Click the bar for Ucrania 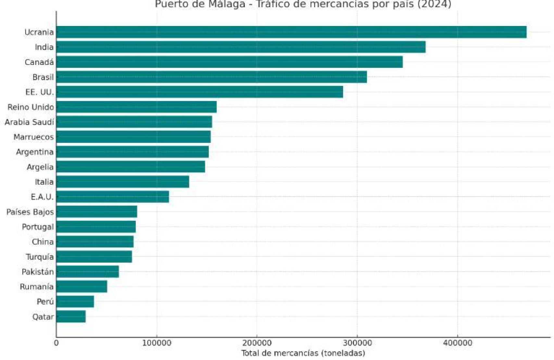click(291, 32)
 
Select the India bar click(241, 47)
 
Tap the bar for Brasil click(211, 77)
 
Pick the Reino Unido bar click(136, 107)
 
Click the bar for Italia click(122, 182)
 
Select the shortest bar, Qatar click(71, 317)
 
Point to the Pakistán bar click(87, 272)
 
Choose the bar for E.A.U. click(112, 197)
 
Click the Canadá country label click(39, 62)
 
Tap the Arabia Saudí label click(29, 122)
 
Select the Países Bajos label click(30, 212)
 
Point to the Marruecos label click(33, 137)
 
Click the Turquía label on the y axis click(40, 257)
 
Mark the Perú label click(45, 302)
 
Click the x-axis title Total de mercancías click(303, 353)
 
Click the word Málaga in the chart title click(227, 4)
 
